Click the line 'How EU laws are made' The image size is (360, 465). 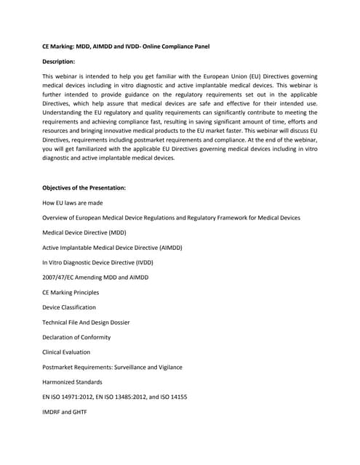coord(72,203)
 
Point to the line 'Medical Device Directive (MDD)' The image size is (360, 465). coord(84,232)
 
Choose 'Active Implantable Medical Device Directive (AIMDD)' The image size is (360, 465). coord(112,248)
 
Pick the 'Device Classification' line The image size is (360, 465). coord(69,307)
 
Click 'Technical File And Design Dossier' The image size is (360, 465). coord(87,322)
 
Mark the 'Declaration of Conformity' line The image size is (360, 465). coord(76,337)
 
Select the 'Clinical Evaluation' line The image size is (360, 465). coord(67,352)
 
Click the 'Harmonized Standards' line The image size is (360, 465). coord(72,381)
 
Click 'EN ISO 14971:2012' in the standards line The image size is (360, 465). coord(69,397)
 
